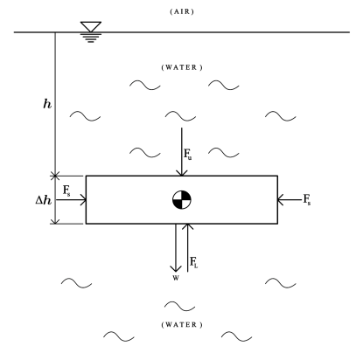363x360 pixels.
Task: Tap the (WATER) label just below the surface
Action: [x=182, y=67]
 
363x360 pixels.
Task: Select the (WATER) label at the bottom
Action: [x=182, y=324]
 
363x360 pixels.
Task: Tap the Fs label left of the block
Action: [x=67, y=189]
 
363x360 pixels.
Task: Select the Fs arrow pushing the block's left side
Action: [x=71, y=200]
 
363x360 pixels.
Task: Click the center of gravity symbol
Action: [x=181, y=199]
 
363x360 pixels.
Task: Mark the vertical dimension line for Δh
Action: [x=55, y=199]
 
